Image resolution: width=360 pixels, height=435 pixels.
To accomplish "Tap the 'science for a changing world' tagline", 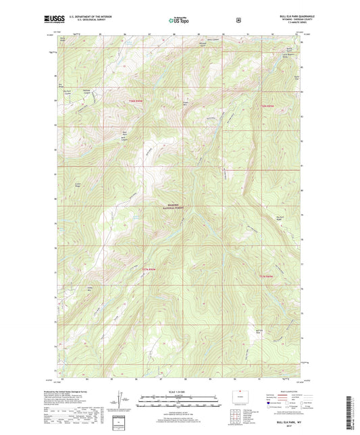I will [53, 24].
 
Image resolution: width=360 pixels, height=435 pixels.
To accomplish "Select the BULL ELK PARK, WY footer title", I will [290, 422].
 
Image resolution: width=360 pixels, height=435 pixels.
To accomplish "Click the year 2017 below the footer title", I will [290, 427].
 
